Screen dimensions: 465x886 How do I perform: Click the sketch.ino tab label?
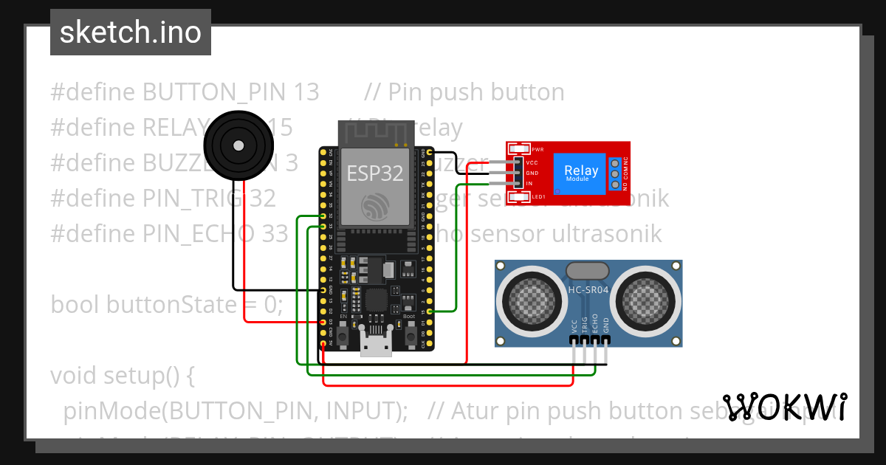pos(130,32)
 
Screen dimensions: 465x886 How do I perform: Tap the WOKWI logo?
pos(785,407)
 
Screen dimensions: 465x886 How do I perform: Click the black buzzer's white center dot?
pos(238,146)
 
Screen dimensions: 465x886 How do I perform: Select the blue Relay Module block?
pos(582,173)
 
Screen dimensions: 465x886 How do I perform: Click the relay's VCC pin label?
pos(532,162)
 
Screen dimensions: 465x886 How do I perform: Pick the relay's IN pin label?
pos(529,183)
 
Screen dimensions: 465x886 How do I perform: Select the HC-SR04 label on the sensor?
pos(588,289)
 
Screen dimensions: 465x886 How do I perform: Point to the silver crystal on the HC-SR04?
pos(588,271)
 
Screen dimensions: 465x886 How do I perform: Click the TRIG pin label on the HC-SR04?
pos(585,328)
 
